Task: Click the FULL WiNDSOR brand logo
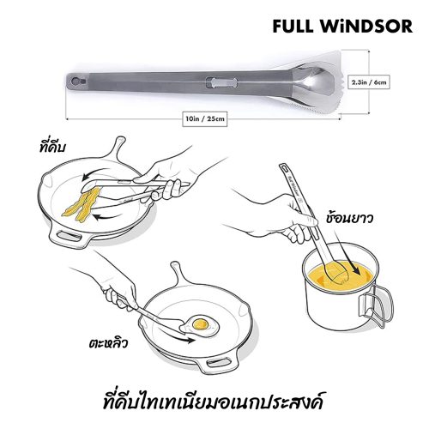point(342,27)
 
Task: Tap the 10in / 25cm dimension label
point(205,118)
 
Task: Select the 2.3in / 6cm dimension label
point(369,82)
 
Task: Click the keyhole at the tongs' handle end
point(77,82)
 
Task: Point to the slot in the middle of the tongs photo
point(221,83)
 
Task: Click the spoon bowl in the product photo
point(317,82)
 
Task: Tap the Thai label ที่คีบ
point(52,146)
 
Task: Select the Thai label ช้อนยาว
point(349,219)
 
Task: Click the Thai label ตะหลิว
point(108,343)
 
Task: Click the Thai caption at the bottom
point(213,401)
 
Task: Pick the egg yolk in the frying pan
point(200,324)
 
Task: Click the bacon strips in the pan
point(82,203)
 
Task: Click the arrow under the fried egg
point(177,336)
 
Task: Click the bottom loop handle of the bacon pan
point(68,237)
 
